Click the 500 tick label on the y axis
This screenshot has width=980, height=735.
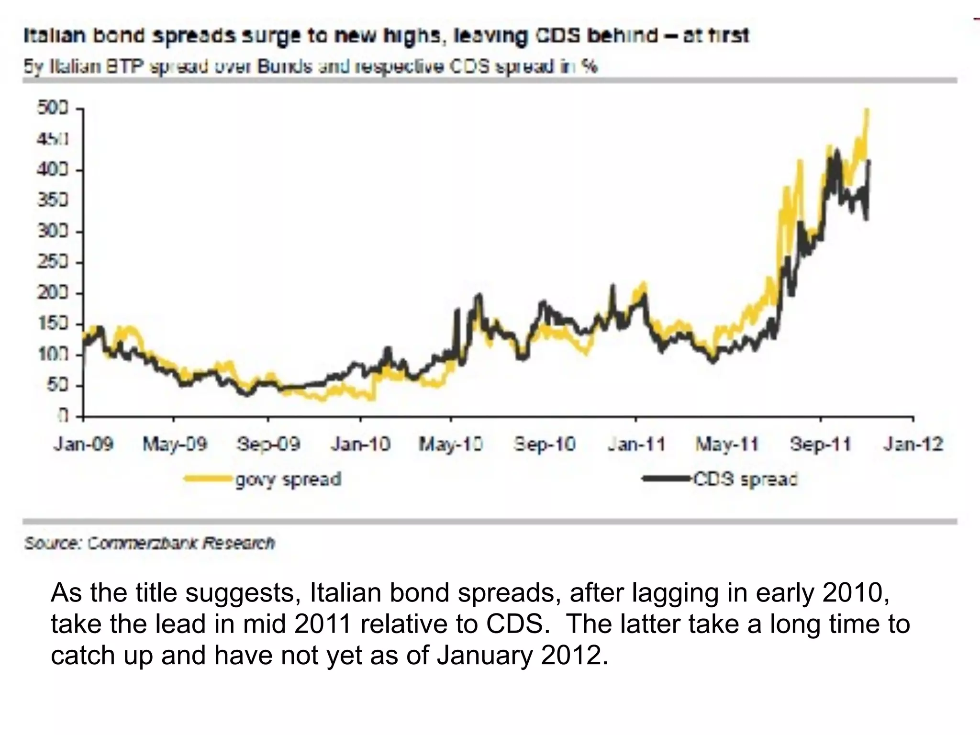point(53,108)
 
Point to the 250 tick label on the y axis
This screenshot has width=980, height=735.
point(53,263)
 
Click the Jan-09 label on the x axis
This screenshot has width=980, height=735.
point(84,445)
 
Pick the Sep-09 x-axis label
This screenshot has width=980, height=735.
point(268,445)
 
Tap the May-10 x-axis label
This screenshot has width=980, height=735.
point(451,445)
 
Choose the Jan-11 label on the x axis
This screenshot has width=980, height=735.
point(636,445)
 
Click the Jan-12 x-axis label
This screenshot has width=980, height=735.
point(913,445)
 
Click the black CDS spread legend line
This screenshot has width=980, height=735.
point(667,478)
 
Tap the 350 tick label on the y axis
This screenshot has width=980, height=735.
point(53,200)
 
